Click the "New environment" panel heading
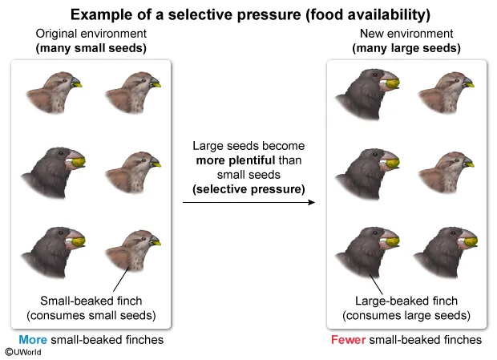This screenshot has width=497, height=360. pos(406,34)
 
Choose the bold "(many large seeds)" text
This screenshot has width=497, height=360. pos(406,47)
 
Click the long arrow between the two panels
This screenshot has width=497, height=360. pos(248,202)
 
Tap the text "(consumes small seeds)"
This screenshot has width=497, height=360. pos(91,314)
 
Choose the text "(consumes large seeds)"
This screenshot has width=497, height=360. pos(406,314)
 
